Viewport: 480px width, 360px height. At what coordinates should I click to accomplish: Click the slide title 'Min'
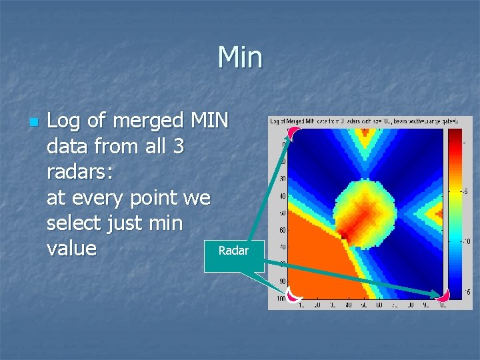(x=240, y=57)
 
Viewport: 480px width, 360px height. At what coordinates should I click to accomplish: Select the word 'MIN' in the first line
(x=209, y=121)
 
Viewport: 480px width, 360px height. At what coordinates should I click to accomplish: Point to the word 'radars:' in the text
(x=80, y=172)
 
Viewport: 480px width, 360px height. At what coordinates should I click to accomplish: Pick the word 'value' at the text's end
(x=72, y=248)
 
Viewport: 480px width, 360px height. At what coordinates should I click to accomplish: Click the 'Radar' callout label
(x=233, y=251)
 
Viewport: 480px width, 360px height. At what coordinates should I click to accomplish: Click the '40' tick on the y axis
(x=283, y=196)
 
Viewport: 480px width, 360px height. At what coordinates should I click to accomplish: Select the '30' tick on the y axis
(x=283, y=179)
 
